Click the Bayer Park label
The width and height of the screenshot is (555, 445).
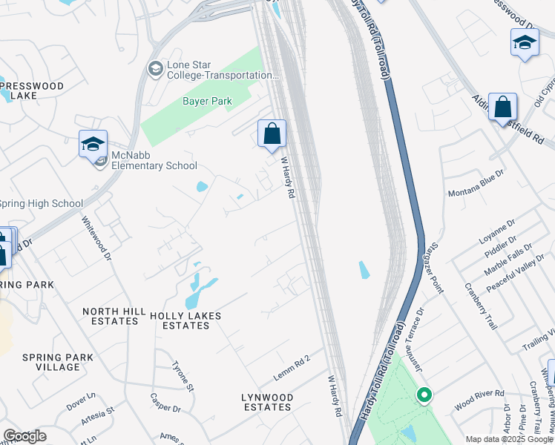(x=207, y=101)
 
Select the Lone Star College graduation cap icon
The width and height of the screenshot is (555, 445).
(x=155, y=70)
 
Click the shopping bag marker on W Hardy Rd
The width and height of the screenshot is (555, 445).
(x=272, y=133)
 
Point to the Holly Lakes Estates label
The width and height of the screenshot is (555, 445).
(x=185, y=320)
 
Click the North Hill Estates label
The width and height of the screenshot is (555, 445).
(x=111, y=317)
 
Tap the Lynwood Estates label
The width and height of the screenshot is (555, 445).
(x=267, y=402)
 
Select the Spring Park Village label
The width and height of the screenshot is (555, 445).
(x=58, y=362)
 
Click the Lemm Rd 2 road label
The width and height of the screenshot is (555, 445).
(x=292, y=368)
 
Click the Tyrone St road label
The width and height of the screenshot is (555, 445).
(x=183, y=376)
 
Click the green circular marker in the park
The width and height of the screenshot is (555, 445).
(x=424, y=395)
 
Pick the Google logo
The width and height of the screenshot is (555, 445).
(x=24, y=436)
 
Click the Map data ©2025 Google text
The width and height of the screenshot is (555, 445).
(x=509, y=439)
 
